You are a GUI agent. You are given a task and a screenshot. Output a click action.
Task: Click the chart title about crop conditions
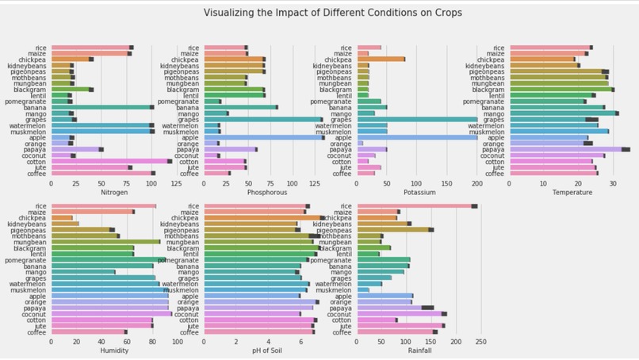pyautogui.click(x=333, y=13)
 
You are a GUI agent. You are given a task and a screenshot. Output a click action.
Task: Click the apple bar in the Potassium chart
pyautogui.click(x=417, y=136)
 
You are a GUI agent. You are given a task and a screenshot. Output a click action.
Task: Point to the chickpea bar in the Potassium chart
pyautogui.click(x=381, y=59)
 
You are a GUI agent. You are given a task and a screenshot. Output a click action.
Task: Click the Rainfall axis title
pyautogui.click(x=419, y=350)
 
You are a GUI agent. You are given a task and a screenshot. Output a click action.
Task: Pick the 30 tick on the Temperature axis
pyautogui.click(x=613, y=183)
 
